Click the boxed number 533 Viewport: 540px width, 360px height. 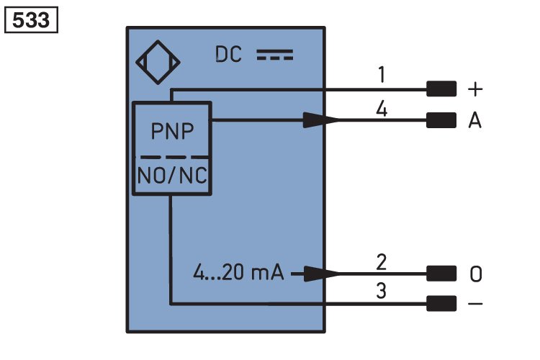(x=31, y=20)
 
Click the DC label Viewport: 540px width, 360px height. (x=228, y=55)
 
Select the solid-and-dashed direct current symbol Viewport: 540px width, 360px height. (x=275, y=55)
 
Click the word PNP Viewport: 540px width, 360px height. (x=172, y=131)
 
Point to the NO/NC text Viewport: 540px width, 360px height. (x=172, y=176)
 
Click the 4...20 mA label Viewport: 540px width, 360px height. (x=238, y=272)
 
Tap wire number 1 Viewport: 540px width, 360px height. (x=381, y=75)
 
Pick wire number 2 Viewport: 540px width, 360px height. (x=381, y=262)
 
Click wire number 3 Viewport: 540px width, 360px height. (x=381, y=291)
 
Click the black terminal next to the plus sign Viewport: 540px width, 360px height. (x=441, y=89)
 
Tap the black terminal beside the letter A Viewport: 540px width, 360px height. (x=441, y=120)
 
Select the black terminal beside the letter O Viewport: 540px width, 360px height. (x=441, y=274)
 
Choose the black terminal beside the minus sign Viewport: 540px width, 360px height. (x=441, y=304)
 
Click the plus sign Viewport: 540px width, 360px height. (x=475, y=89)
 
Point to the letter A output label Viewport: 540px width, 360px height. (x=475, y=120)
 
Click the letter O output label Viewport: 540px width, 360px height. (x=476, y=274)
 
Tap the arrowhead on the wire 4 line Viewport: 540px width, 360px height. (x=321, y=120)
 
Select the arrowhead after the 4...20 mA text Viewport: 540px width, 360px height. (x=321, y=274)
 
